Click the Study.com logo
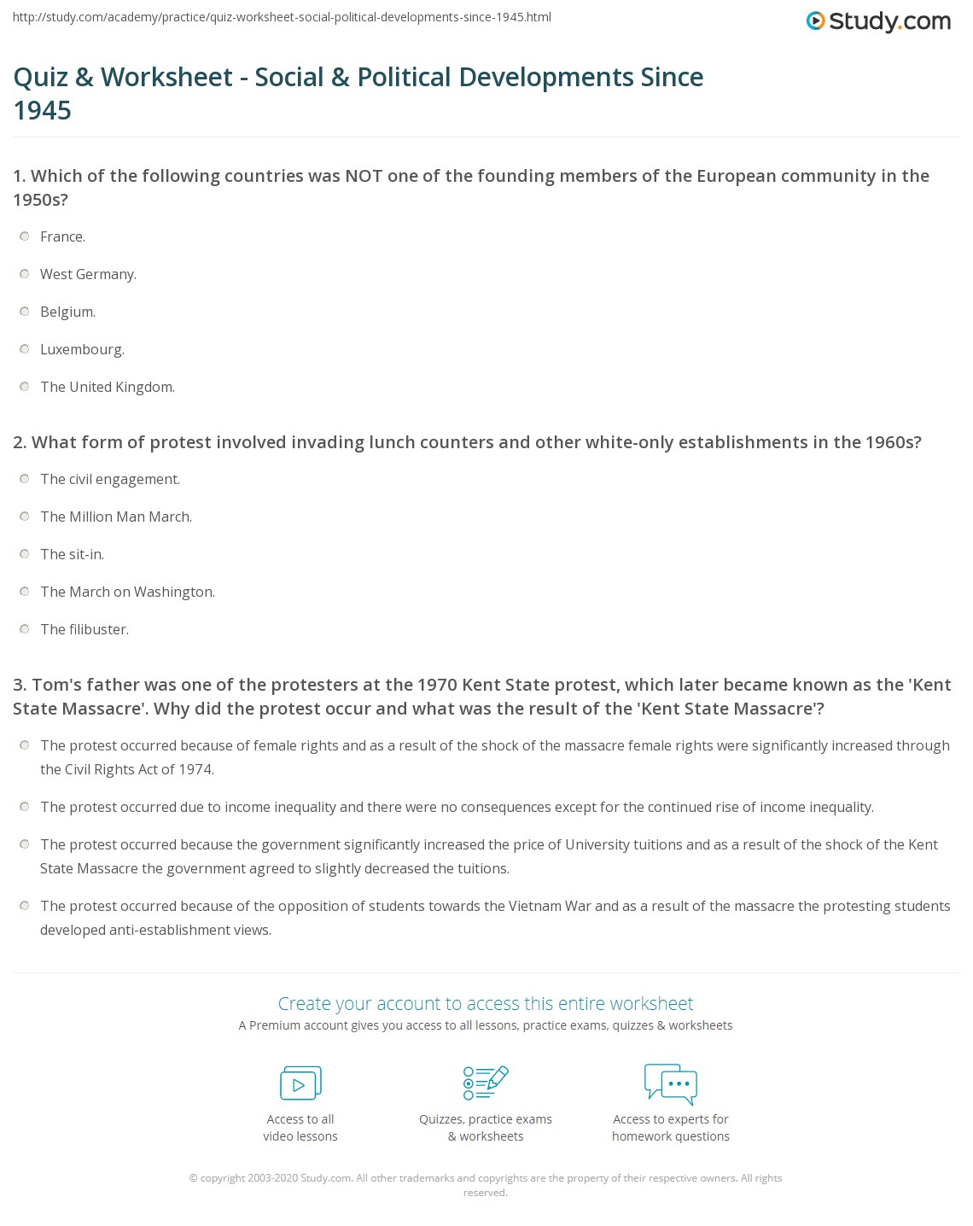878,21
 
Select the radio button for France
25,236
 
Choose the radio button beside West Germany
25,274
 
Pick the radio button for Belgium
25,312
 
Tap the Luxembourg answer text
82,349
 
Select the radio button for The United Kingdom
25,387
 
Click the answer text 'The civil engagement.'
110,479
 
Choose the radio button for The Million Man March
25,517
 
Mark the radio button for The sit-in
25,554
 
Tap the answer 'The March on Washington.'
127,592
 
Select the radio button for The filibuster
25,629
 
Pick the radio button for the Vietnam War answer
25,906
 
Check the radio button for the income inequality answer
25,807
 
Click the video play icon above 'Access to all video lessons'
300,1083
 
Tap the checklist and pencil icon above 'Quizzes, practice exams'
486,1083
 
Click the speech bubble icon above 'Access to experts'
671,1083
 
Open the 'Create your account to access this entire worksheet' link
486,1003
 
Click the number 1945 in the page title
43,110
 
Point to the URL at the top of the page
282,17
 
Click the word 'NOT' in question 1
364,176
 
